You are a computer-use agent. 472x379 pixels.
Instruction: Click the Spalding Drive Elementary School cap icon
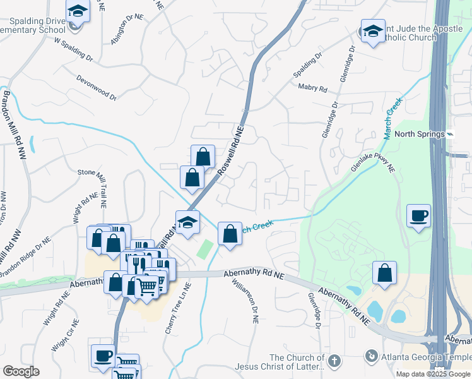(78, 11)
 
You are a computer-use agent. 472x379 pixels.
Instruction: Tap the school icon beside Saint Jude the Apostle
(373, 31)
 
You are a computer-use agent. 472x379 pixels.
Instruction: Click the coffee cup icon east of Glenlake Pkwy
(419, 217)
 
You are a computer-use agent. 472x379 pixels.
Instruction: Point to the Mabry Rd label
(313, 89)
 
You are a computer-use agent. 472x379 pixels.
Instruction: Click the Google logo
(20, 371)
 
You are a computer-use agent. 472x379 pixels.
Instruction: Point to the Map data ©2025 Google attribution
(433, 374)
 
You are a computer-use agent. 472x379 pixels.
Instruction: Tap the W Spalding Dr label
(74, 51)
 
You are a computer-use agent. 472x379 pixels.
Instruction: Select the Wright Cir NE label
(65, 334)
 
